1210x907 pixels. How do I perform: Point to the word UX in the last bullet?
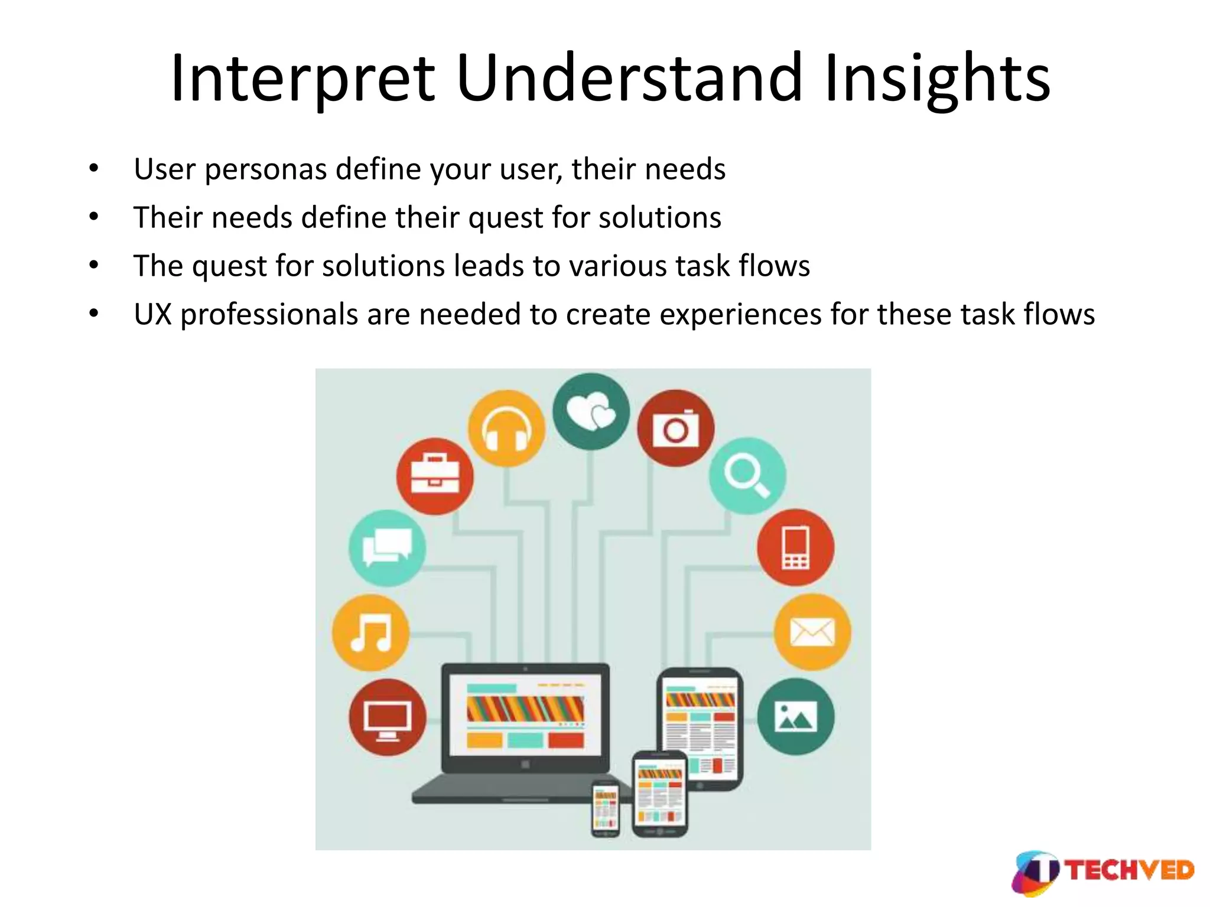(152, 314)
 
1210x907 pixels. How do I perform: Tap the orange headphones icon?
(506, 428)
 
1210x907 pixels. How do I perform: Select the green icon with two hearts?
(591, 411)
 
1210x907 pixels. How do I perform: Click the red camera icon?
(675, 428)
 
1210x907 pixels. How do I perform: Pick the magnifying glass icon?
(747, 476)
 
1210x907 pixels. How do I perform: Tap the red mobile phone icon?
(795, 547)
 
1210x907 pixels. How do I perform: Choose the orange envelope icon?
(812, 632)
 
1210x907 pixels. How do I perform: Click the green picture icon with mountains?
(795, 716)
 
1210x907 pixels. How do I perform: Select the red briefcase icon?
(435, 476)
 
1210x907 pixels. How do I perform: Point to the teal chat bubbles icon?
(387, 547)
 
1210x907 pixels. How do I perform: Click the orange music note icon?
(370, 632)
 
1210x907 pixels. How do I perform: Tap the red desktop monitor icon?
(387, 717)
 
